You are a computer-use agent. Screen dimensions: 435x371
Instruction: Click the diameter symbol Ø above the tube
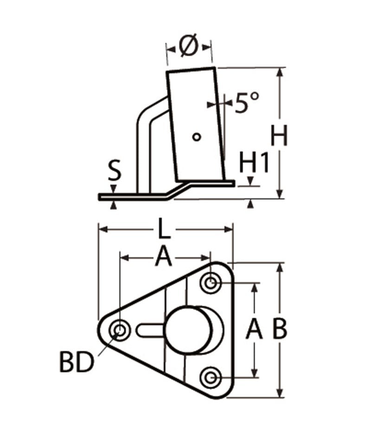tap(189, 47)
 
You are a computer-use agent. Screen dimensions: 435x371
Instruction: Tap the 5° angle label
tap(246, 102)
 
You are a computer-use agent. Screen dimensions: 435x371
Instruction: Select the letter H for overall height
tap(279, 137)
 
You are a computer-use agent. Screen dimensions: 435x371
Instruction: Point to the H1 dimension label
tap(254, 163)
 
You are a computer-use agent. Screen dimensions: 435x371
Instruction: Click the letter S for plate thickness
tap(114, 170)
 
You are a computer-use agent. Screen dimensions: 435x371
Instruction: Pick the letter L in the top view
tap(164, 229)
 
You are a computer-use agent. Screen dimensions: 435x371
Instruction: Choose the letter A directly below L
tap(163, 257)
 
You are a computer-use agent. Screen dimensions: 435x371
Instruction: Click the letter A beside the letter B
tap(254, 330)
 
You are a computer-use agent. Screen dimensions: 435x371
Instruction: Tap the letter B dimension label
tap(279, 330)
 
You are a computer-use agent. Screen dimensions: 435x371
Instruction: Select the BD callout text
tap(77, 363)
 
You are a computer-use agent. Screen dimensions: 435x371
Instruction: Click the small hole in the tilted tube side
tap(197, 137)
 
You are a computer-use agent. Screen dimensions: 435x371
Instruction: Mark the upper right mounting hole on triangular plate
tap(211, 282)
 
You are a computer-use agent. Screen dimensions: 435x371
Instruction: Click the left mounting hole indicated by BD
tap(119, 330)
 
